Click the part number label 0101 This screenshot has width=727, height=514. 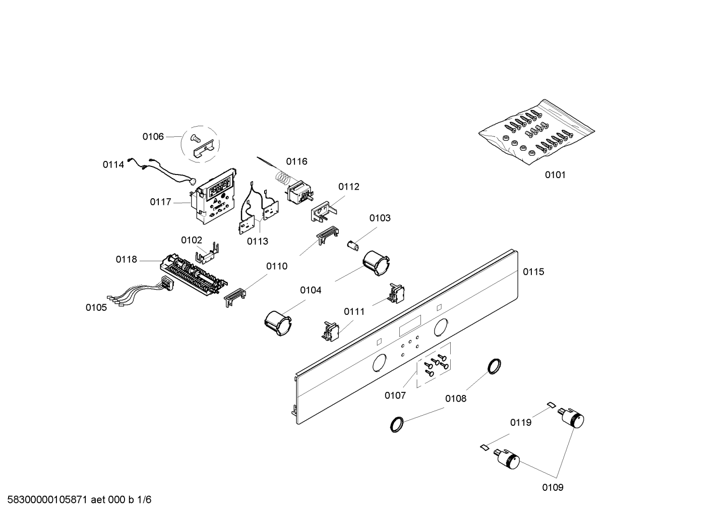555,175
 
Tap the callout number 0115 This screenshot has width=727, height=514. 533,272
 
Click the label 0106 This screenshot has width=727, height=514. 153,136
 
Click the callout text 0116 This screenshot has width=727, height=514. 296,161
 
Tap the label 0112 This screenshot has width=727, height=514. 349,187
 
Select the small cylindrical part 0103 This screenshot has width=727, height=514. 353,244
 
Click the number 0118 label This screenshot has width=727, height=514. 126,259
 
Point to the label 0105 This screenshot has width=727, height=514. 96,307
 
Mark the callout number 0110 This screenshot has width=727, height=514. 277,266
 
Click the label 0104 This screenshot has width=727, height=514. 311,290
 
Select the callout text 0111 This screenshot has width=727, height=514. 354,312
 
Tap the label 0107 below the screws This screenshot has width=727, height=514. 395,395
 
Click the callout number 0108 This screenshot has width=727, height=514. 456,398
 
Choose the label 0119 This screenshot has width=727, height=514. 520,422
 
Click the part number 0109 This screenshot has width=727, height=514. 553,487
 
